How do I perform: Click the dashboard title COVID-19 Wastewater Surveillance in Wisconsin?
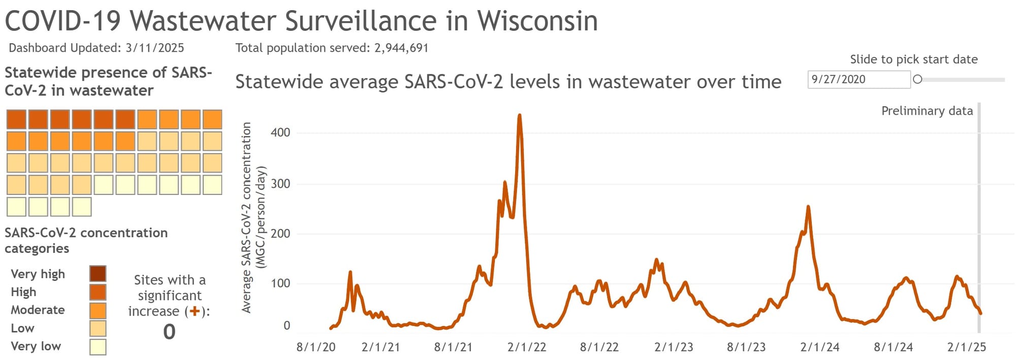(301, 21)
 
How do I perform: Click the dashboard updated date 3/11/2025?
(154, 48)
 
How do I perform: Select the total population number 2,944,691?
(401, 48)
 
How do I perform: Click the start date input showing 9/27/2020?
(859, 79)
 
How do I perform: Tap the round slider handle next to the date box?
(917, 79)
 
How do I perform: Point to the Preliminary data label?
(927, 111)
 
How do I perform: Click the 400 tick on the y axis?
(280, 133)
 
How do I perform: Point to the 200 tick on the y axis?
(280, 234)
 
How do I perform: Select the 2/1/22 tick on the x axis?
(527, 347)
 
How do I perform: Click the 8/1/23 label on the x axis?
(746, 347)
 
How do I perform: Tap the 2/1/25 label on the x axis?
(966, 347)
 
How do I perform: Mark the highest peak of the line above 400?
(519, 115)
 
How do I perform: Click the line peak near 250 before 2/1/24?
(808, 207)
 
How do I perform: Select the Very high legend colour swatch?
(98, 274)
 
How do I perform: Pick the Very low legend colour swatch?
(98, 347)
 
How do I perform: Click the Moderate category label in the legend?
(38, 310)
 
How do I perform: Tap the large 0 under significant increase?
(169, 332)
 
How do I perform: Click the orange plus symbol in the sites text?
(194, 311)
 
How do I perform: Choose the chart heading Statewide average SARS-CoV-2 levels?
(508, 82)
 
